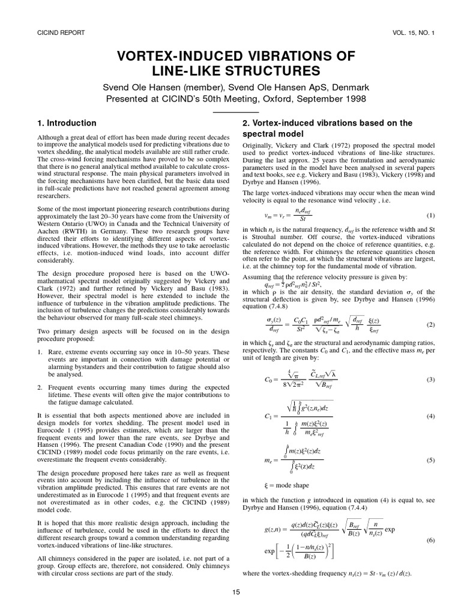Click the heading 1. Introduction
pos(66,123)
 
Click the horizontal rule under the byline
pos(236,112)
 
